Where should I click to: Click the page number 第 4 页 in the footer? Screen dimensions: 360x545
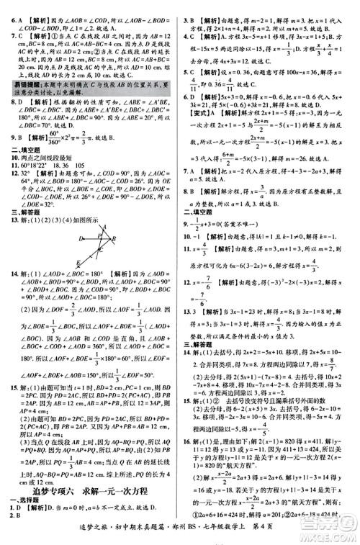tap(317, 537)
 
